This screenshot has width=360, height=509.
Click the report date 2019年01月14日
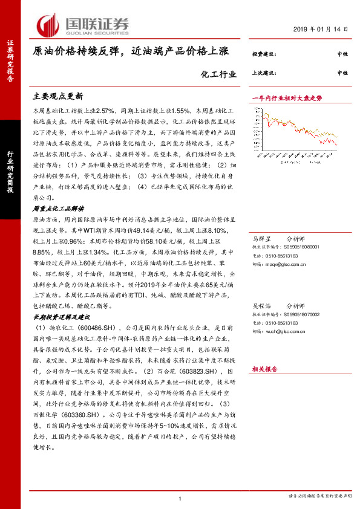[325, 29]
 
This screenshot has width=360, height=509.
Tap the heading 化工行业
[216, 75]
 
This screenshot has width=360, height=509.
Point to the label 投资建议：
[264, 54]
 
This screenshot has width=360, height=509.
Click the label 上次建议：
[264, 73]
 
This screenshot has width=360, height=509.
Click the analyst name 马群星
[262, 239]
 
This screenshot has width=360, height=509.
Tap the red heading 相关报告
[264, 368]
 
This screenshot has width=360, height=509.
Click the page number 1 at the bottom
[180, 498]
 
